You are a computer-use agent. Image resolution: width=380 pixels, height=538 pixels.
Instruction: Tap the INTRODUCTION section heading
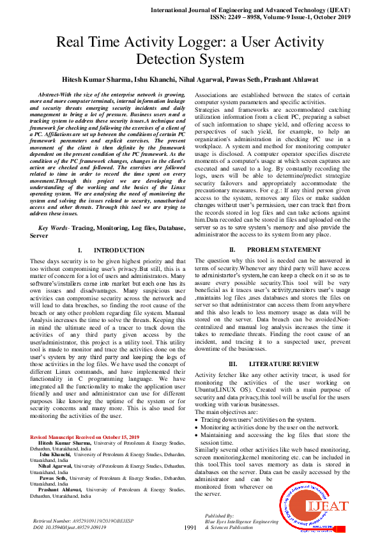point(110,250)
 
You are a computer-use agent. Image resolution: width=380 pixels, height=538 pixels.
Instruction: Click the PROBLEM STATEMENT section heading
point(280,250)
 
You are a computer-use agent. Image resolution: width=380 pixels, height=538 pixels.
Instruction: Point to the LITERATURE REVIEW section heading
point(280,364)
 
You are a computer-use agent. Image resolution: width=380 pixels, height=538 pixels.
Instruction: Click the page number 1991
point(190,527)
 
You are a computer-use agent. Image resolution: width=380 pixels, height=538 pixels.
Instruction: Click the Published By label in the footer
point(219,514)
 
